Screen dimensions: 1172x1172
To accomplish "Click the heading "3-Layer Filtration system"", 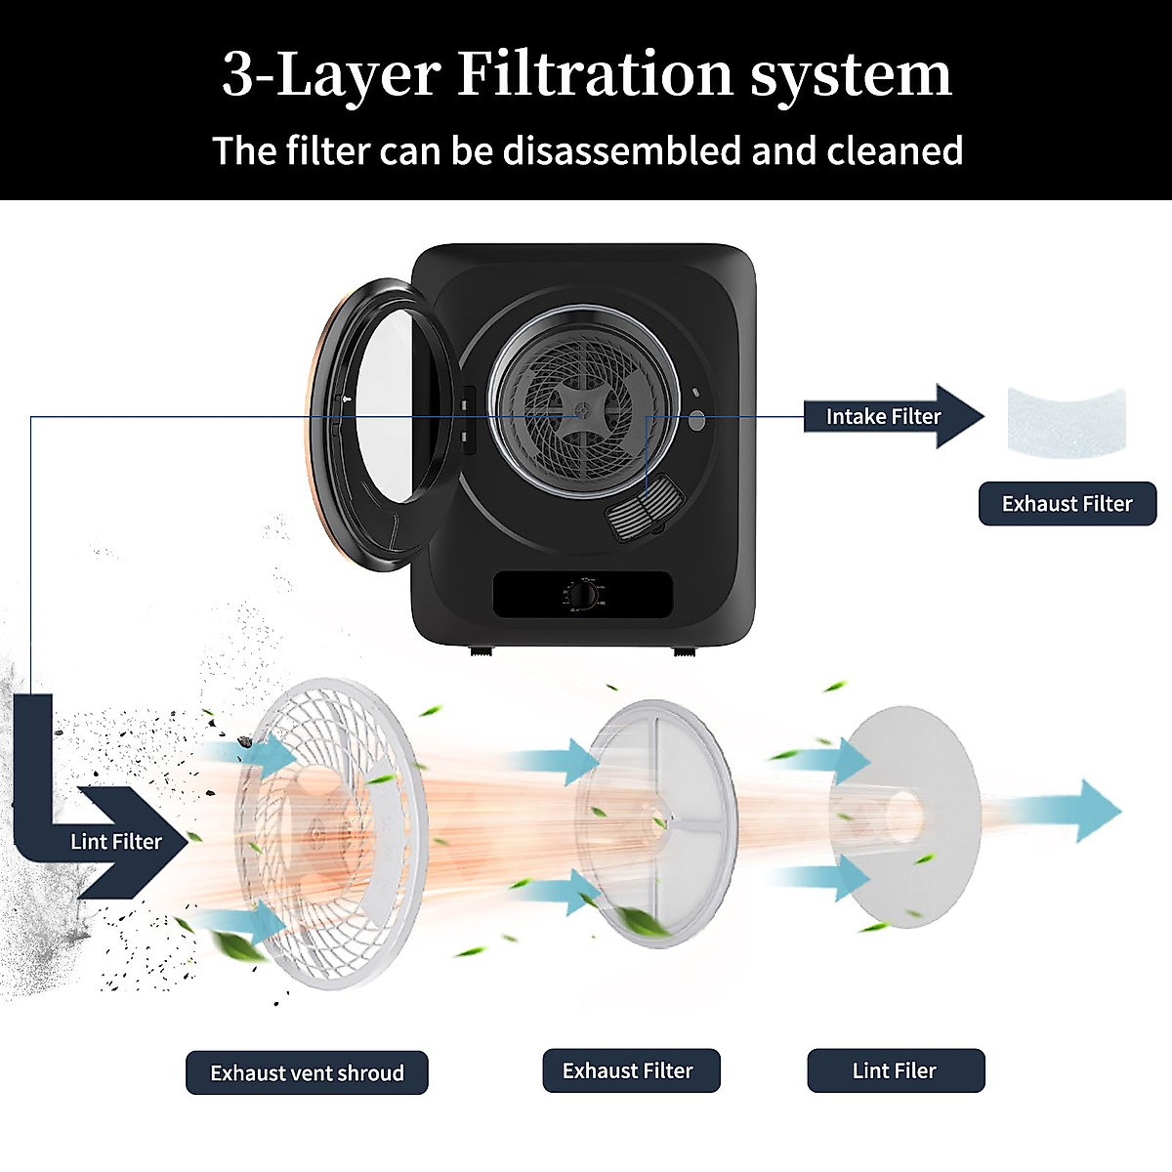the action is pyautogui.click(x=586, y=74).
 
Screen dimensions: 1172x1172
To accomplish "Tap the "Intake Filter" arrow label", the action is pyautogui.click(x=883, y=416).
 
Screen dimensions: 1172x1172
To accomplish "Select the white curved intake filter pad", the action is pyautogui.click(x=1067, y=418).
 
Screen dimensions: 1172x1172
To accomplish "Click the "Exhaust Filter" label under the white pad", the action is pyautogui.click(x=1067, y=504).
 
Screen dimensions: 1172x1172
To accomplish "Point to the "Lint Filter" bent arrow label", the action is pyautogui.click(x=115, y=841).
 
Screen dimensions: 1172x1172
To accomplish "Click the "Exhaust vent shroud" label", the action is pyautogui.click(x=307, y=1072).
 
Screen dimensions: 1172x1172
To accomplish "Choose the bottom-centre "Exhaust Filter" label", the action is pyautogui.click(x=628, y=1070).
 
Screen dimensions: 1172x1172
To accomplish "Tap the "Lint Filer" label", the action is pyautogui.click(x=895, y=1070).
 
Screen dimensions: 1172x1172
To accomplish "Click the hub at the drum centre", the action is pyautogui.click(x=581, y=411).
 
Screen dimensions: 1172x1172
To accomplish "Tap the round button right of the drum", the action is pyautogui.click(x=697, y=421).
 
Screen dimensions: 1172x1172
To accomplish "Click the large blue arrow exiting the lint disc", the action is pyautogui.click(x=1084, y=810).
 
